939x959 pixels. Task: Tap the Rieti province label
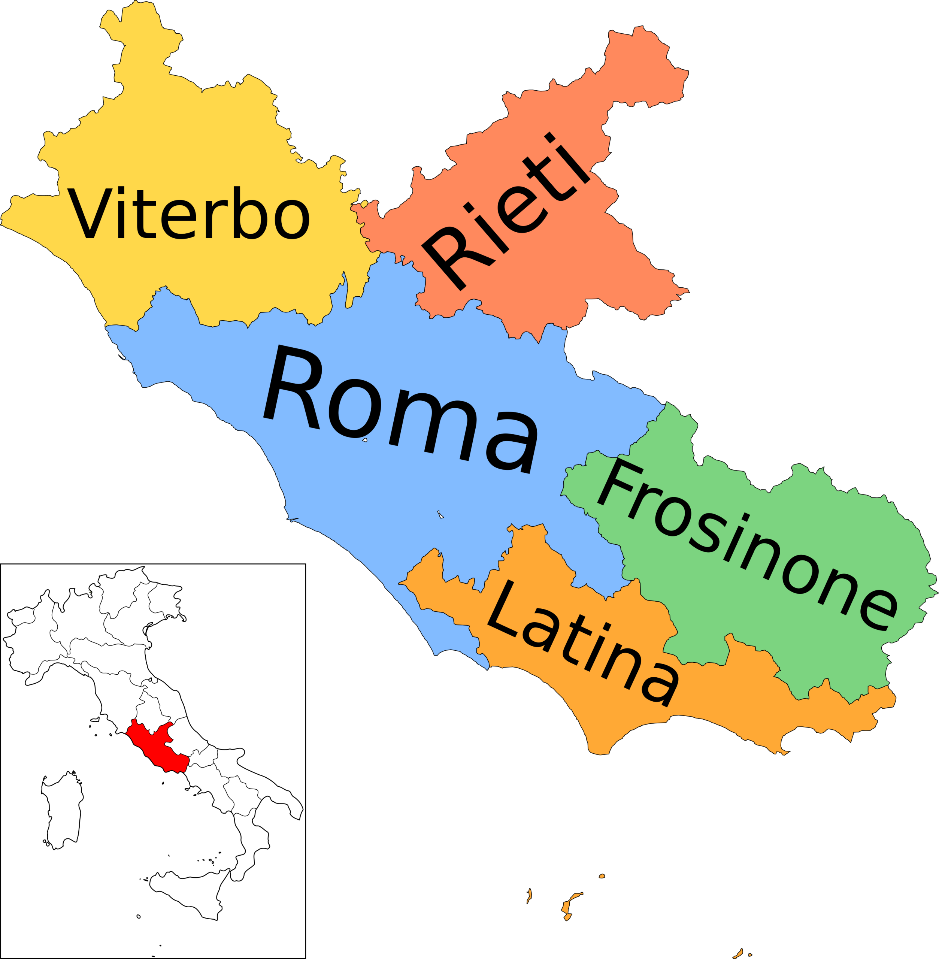pyautogui.click(x=506, y=212)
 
